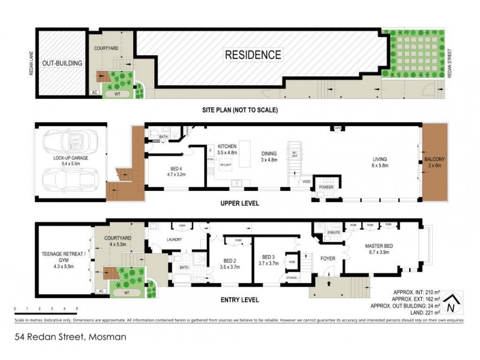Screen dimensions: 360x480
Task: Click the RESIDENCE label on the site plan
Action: click(253, 55)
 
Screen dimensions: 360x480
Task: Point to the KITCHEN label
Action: click(227, 146)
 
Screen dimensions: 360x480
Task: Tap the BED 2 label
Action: click(230, 261)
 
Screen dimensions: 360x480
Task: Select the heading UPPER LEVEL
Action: click(239, 203)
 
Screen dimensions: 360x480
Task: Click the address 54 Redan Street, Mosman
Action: click(71, 337)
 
